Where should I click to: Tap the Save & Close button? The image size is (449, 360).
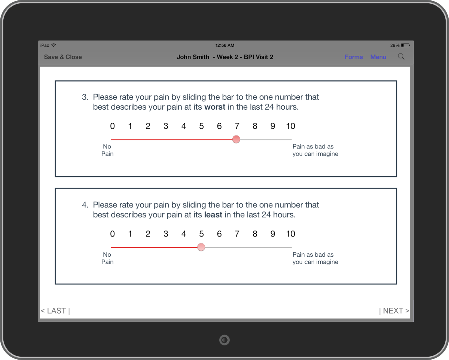(63, 57)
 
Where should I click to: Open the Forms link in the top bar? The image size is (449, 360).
(354, 57)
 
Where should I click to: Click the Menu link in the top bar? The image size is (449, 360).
(378, 57)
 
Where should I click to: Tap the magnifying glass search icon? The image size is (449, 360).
(401, 57)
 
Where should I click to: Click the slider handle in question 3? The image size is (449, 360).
(236, 139)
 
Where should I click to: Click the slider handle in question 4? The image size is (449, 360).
(201, 247)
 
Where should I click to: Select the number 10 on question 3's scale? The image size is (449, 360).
(291, 126)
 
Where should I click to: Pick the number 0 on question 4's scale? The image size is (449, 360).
(112, 234)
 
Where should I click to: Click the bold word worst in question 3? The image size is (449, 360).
(215, 107)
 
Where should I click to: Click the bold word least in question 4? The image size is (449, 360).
(213, 215)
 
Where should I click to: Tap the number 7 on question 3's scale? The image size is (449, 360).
(237, 126)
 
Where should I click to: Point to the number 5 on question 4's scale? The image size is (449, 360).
(201, 234)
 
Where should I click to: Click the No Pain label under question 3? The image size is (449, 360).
(107, 150)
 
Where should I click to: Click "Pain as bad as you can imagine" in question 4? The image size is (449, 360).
(315, 258)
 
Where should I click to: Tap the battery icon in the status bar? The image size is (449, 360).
(405, 45)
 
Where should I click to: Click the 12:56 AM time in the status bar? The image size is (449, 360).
(225, 45)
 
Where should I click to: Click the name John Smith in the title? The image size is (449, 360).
(193, 57)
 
